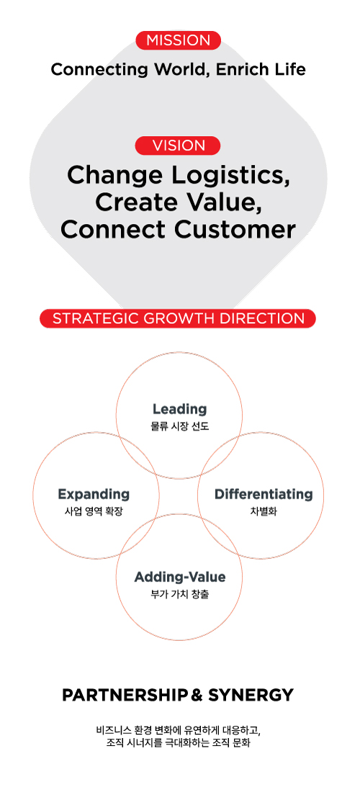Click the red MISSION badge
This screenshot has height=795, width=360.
pyautogui.click(x=178, y=40)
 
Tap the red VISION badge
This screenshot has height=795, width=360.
pyautogui.click(x=178, y=145)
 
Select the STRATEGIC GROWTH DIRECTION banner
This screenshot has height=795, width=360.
pyautogui.click(x=178, y=318)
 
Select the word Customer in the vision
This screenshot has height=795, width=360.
pyautogui.click(x=235, y=229)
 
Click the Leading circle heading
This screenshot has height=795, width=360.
pyautogui.click(x=180, y=409)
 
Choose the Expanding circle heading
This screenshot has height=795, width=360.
pyautogui.click(x=94, y=494)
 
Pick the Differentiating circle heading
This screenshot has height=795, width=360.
pyautogui.click(x=264, y=494)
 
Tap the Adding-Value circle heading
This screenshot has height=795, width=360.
pyautogui.click(x=180, y=577)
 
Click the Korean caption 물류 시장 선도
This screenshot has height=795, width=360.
pyautogui.click(x=180, y=427)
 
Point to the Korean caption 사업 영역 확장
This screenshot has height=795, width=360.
pyautogui.click(x=94, y=511)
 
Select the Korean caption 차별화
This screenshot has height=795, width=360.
pyautogui.click(x=264, y=511)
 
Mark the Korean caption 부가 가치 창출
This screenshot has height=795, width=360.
pyautogui.click(x=180, y=594)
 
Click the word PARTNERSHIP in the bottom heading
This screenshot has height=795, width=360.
pyautogui.click(x=125, y=695)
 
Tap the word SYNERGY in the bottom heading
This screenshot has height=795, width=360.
pyautogui.click(x=251, y=695)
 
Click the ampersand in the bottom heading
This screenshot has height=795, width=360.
pyautogui.click(x=197, y=695)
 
